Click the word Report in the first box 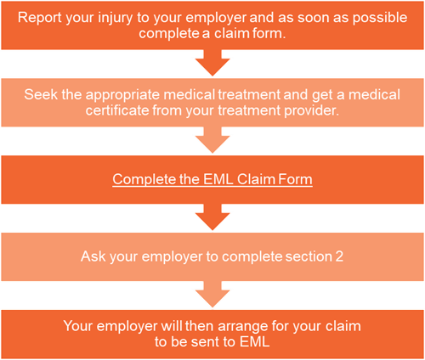tap(40, 18)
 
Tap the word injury tap(116, 19)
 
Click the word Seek tap(41, 94)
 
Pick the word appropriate tap(123, 95)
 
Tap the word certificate tap(117, 110)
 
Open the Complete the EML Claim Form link tap(212, 179)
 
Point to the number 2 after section tap(339, 256)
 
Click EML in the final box tap(254, 342)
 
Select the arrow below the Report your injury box tap(212, 63)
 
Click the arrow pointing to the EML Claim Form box tap(212, 140)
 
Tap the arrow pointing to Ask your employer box tap(212, 217)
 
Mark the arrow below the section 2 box tap(212, 295)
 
